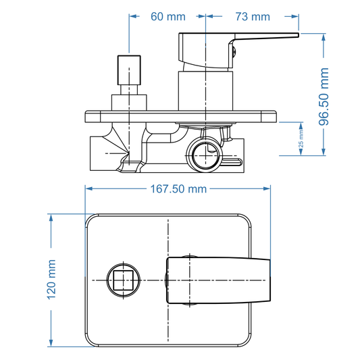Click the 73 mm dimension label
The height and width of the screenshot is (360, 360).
pyautogui.click(x=253, y=16)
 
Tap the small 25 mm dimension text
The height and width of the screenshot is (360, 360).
pyautogui.click(x=301, y=139)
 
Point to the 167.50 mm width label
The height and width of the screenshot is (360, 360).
pyautogui.click(x=177, y=189)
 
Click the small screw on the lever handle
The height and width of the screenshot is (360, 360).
pyautogui.click(x=233, y=47)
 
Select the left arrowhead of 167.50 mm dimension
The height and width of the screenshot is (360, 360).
pyautogui.click(x=88, y=189)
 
